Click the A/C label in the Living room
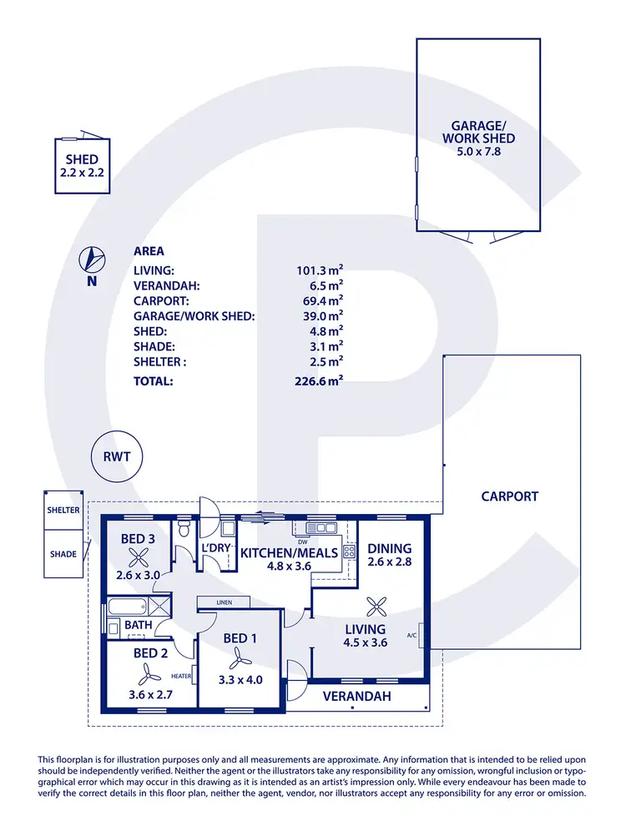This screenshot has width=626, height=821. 411,635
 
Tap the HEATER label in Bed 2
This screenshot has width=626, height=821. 181,676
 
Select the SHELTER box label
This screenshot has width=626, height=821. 63,510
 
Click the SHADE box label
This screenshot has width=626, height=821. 63,554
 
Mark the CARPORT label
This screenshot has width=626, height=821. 509,496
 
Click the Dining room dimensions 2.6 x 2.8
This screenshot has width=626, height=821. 389,562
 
